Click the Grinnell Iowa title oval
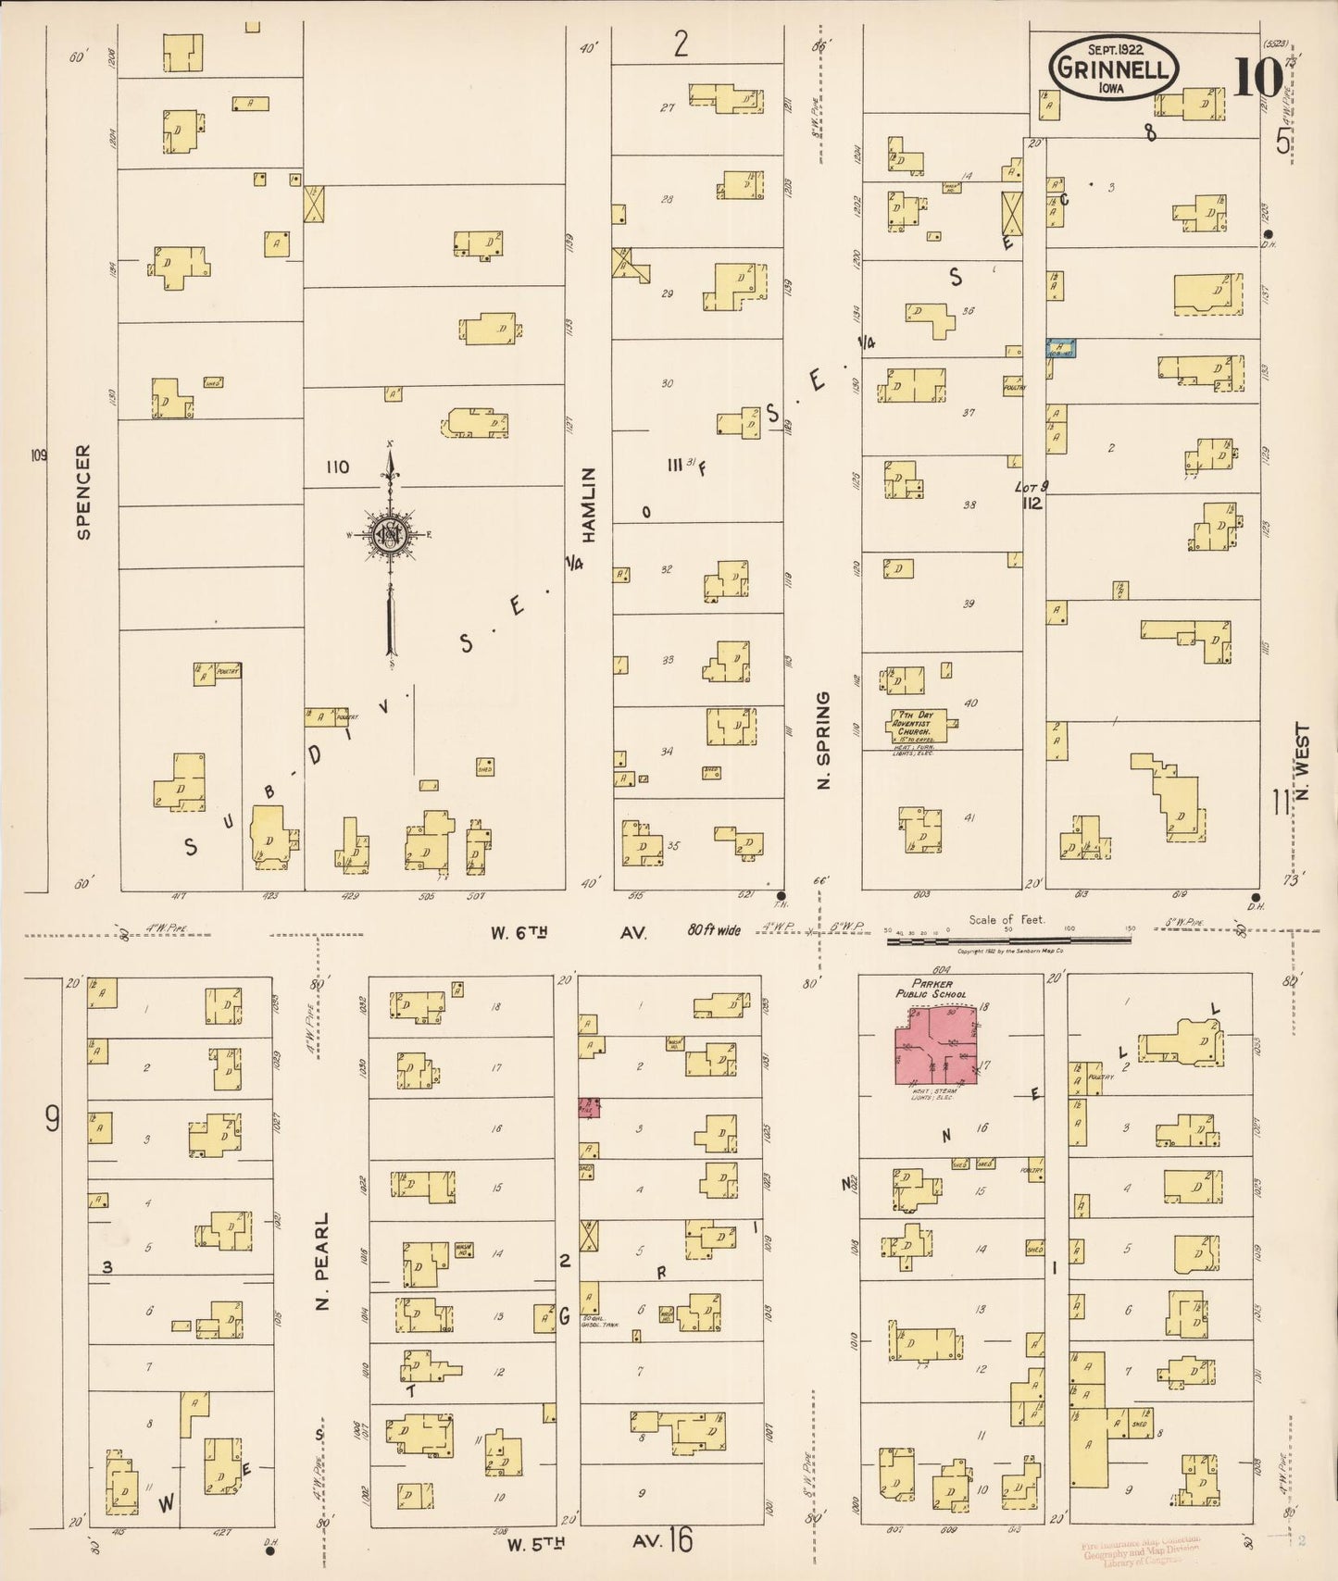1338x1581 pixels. (1114, 68)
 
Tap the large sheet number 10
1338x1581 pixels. (1257, 77)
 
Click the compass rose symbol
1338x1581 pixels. (391, 534)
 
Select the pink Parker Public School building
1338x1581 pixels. (935, 1045)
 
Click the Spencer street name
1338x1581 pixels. (84, 492)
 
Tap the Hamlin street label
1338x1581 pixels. (589, 504)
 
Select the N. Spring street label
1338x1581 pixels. (823, 741)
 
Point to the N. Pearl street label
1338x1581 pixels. (322, 1261)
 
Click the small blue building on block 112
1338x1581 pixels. (1060, 348)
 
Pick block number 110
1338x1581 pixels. (337, 467)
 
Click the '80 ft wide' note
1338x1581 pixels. (714, 929)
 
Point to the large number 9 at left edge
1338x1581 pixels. (53, 1119)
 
